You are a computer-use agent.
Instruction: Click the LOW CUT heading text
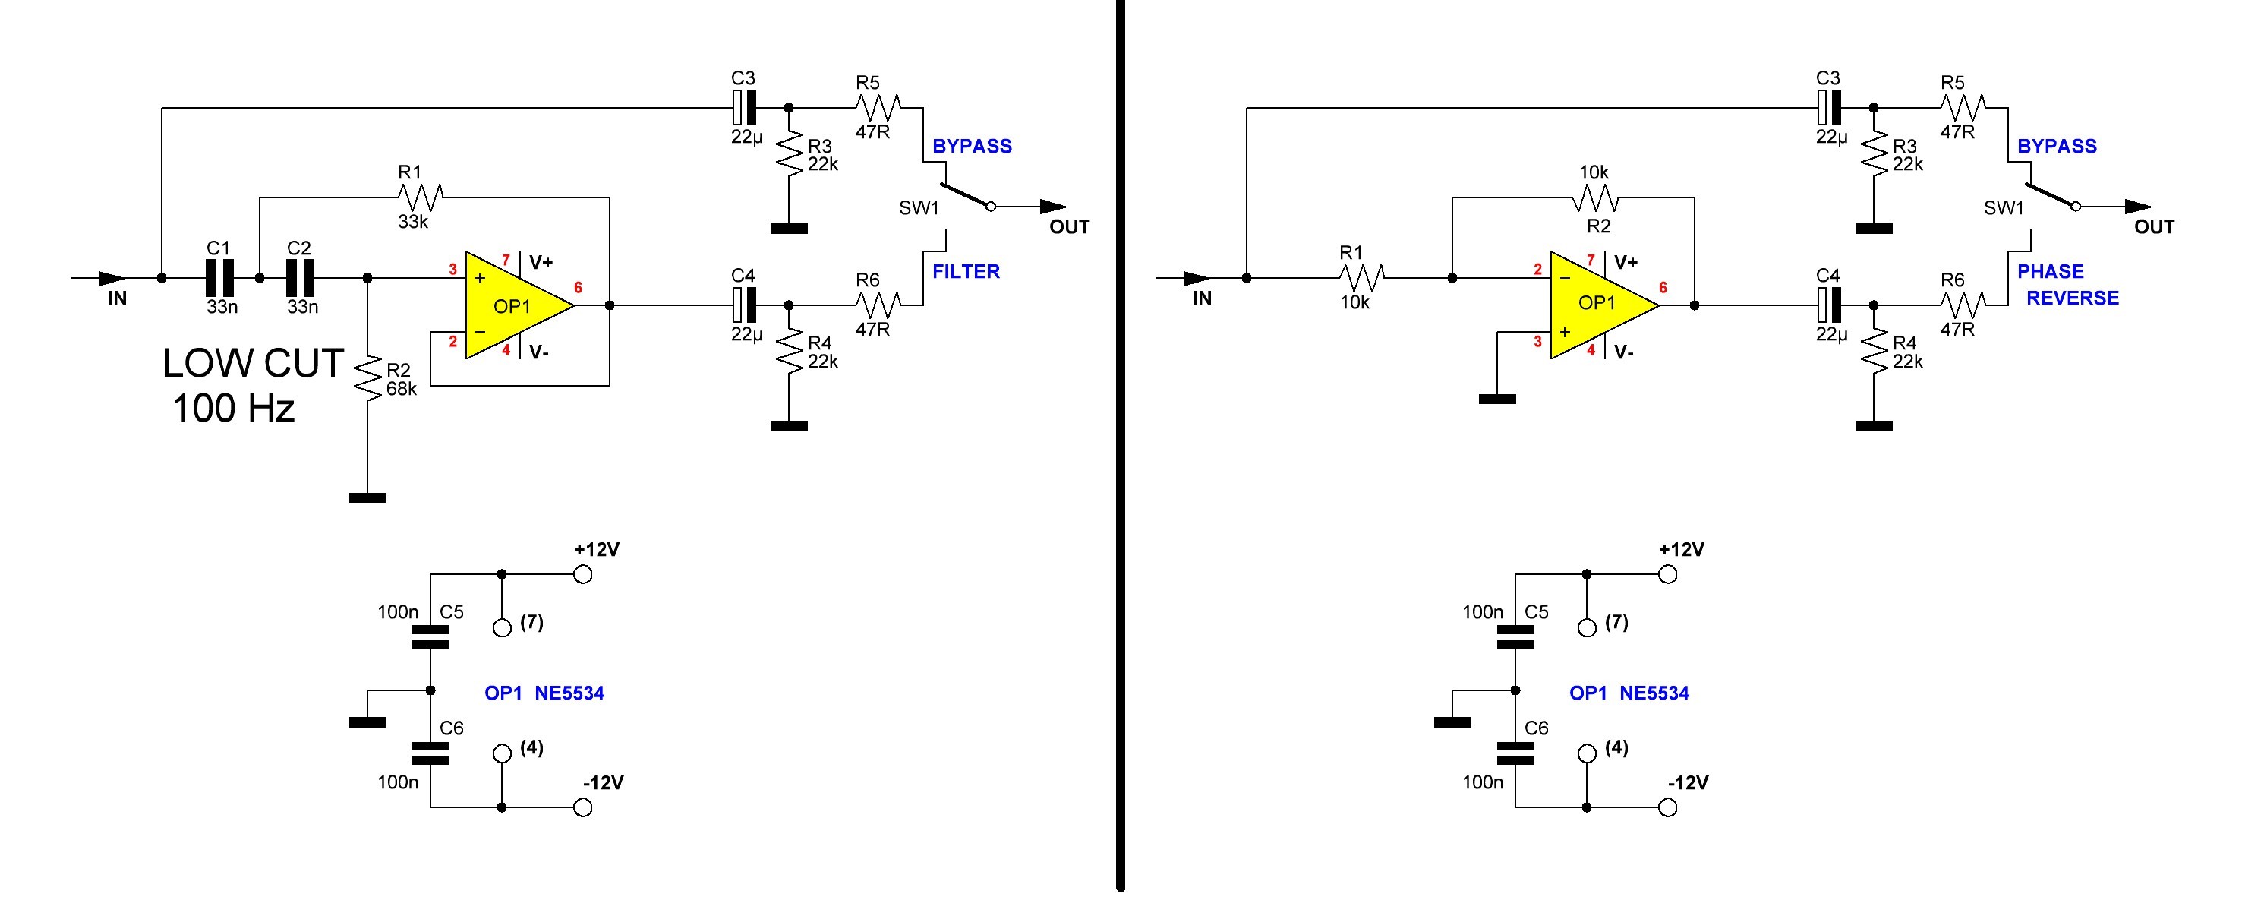(x=252, y=363)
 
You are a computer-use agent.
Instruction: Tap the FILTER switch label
(x=965, y=272)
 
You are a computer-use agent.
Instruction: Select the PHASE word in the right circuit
(x=2050, y=272)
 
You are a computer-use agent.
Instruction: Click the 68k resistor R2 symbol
(x=368, y=377)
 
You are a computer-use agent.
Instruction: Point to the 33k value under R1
(x=414, y=222)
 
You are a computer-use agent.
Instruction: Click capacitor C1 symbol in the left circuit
(x=219, y=278)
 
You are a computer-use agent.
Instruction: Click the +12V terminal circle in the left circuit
(x=583, y=575)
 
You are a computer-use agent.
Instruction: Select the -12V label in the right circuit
(x=1688, y=783)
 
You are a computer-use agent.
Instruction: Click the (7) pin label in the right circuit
(x=1616, y=622)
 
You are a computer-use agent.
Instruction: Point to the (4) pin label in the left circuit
(x=531, y=747)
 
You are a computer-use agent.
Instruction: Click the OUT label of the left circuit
(x=1069, y=227)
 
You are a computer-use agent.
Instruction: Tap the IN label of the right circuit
(x=1202, y=298)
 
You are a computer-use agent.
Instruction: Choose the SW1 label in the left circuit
(x=919, y=208)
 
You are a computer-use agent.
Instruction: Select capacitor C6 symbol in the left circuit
(x=430, y=753)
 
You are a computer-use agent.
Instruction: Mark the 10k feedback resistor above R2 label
(x=1594, y=201)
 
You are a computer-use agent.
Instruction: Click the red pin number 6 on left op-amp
(x=578, y=287)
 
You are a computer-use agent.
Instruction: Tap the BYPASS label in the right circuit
(x=2057, y=147)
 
